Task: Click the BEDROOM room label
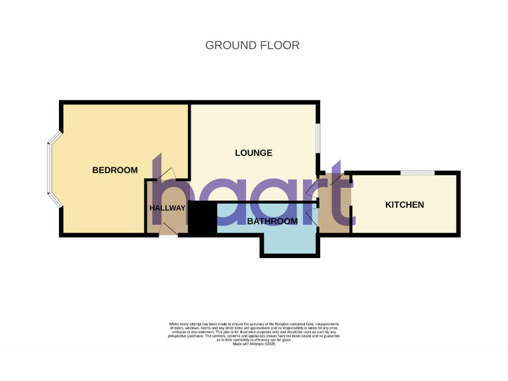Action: (x=114, y=170)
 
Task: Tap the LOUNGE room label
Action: (x=253, y=153)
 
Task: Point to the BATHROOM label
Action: (x=272, y=221)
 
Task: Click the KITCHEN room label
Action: (x=404, y=204)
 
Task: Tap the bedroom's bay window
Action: (x=50, y=169)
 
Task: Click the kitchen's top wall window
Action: (x=417, y=173)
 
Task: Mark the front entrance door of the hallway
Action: (x=167, y=230)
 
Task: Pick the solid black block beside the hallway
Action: (x=202, y=218)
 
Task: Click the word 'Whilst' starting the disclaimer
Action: (x=175, y=323)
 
